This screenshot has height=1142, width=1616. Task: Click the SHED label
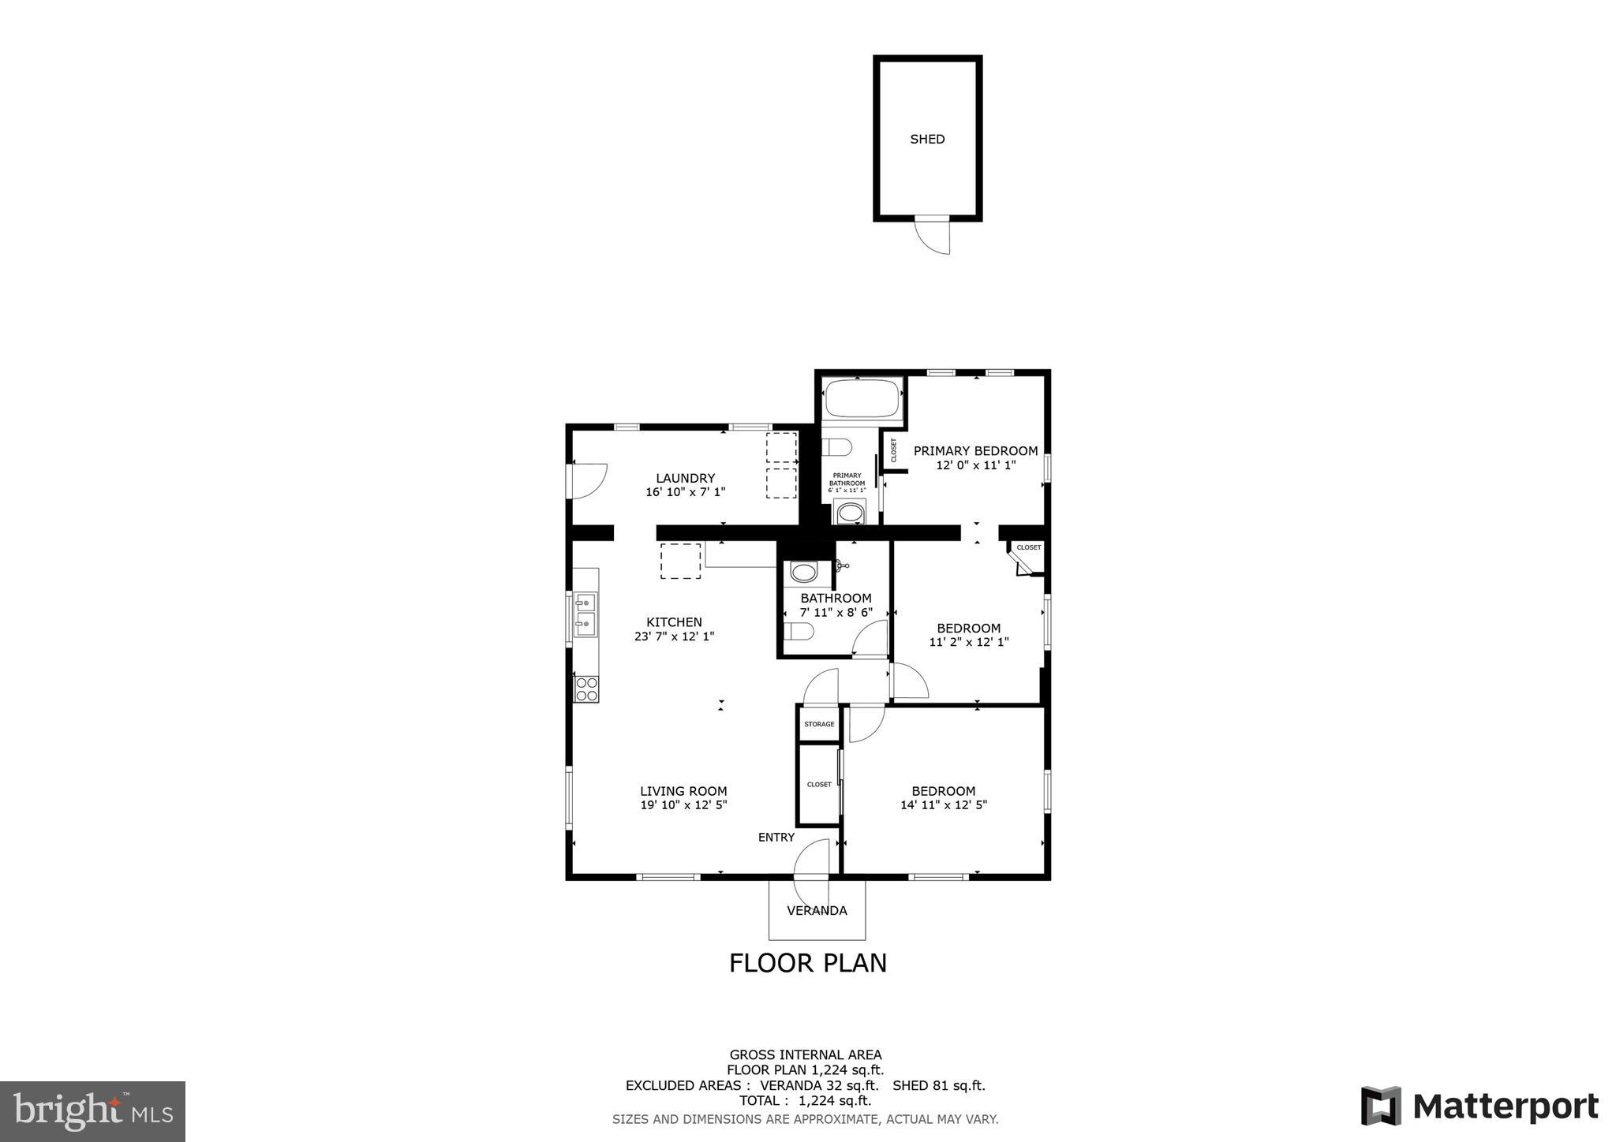coord(927,140)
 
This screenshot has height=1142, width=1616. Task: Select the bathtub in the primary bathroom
coord(862,398)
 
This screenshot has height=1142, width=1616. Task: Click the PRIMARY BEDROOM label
coord(975,451)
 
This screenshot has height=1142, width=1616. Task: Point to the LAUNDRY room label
coord(685,478)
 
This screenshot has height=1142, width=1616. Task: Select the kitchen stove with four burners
coord(586,689)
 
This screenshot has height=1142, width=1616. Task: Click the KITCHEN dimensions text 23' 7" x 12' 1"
coord(674,636)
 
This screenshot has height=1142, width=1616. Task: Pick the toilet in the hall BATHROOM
coord(800,632)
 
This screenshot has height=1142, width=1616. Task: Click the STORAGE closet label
coord(819,724)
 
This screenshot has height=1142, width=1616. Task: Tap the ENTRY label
coord(776,838)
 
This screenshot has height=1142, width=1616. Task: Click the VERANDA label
coord(817,911)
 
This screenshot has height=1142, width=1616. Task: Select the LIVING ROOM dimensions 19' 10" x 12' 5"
coord(683,805)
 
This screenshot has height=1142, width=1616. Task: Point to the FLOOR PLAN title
coord(807,963)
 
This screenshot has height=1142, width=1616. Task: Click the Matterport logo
coord(1479,1106)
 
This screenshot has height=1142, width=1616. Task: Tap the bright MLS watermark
coord(92,1112)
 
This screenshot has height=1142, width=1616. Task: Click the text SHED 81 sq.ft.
coord(938,1085)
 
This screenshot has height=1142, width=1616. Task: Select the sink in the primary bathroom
coord(850,513)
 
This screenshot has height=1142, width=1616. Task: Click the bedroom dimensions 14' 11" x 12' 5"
coord(943,805)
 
